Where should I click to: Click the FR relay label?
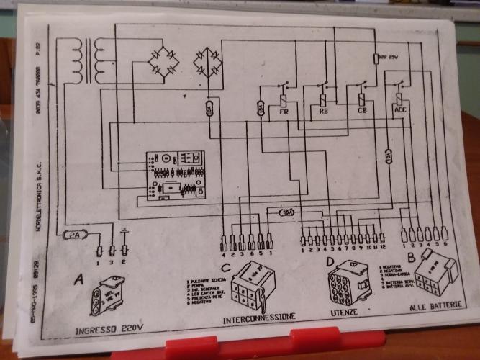(x=283, y=112)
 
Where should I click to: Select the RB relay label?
(x=323, y=112)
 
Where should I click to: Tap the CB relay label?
(x=362, y=111)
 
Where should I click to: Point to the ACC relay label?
(x=401, y=110)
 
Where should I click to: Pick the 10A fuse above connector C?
(x=286, y=213)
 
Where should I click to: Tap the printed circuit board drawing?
(x=173, y=175)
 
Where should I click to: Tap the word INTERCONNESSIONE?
(x=259, y=317)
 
